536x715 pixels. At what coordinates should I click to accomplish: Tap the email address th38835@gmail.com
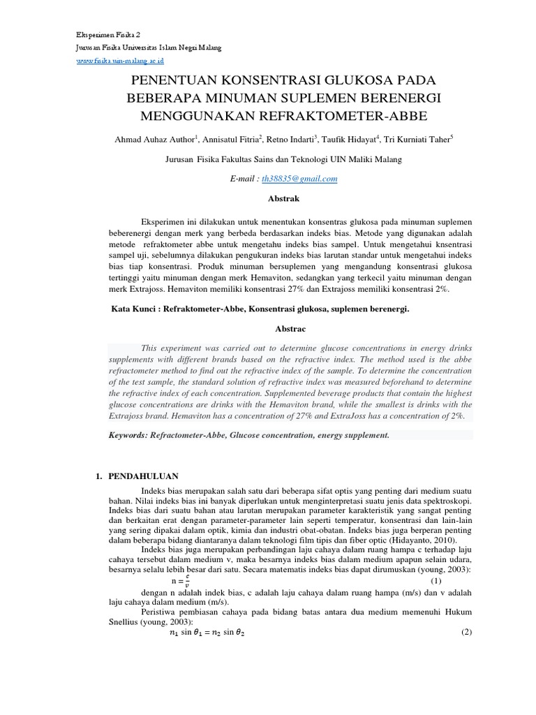(x=298, y=179)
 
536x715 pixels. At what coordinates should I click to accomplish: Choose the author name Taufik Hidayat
(x=357, y=140)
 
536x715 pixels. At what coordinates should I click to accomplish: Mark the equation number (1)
(x=435, y=580)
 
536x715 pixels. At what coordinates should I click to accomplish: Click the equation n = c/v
(x=181, y=580)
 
